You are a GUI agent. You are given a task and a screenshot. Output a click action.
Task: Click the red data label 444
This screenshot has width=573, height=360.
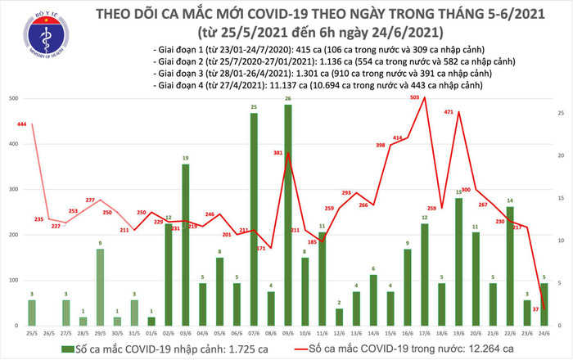tap(22, 124)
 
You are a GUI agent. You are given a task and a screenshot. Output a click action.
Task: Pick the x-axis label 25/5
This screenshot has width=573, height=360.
tap(31, 333)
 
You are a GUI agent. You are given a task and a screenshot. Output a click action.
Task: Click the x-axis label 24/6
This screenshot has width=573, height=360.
tap(544, 333)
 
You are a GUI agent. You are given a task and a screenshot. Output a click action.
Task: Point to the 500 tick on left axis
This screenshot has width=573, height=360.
tap(11, 99)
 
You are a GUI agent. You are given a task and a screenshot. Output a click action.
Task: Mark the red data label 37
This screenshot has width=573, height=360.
tap(535, 309)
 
